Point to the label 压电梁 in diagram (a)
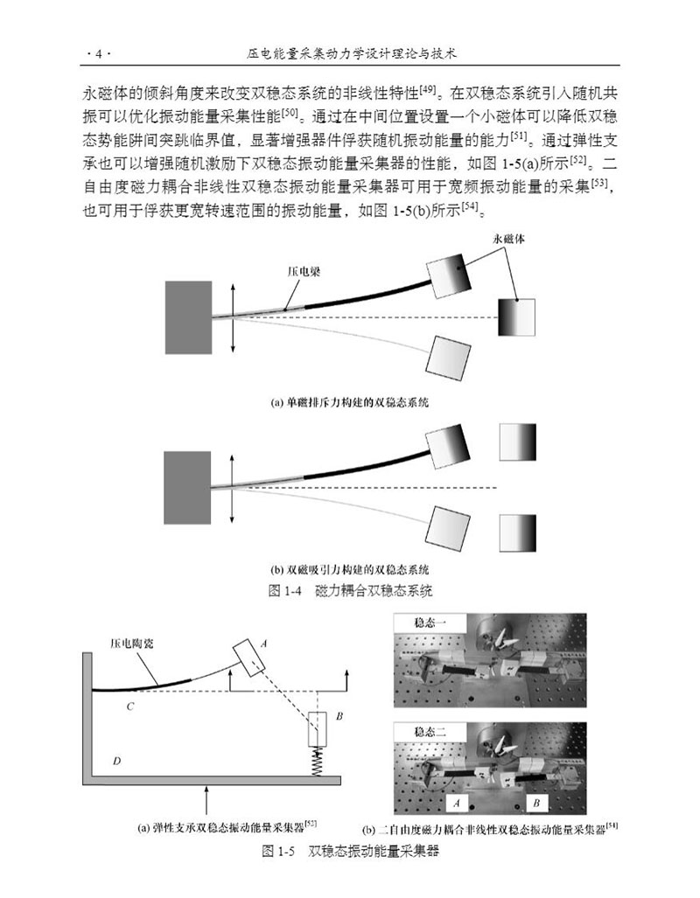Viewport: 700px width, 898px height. coord(304,272)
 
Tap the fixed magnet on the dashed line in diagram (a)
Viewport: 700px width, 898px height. coord(516,317)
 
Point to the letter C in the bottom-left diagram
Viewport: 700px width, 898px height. coord(129,707)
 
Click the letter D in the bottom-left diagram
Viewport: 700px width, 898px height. coord(115,761)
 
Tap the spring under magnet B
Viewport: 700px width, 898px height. coord(318,762)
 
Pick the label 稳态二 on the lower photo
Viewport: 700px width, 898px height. coord(422,731)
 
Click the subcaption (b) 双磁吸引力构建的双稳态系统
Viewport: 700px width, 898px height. coord(349,567)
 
